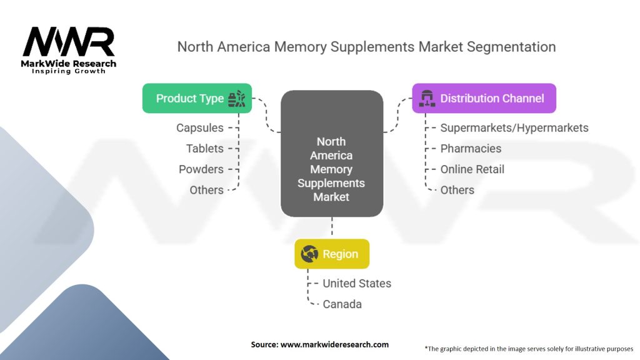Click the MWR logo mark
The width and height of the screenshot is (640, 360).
tap(69, 42)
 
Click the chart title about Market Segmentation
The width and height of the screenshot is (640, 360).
tap(366, 47)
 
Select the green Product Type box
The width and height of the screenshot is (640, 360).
tap(197, 98)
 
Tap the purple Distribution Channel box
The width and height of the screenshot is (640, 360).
tap(484, 98)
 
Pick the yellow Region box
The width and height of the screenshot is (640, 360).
tap(332, 254)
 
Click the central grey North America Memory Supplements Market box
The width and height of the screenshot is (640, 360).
tap(332, 154)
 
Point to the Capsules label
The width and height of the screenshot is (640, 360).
tap(200, 127)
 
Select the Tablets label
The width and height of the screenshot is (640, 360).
tap(205, 149)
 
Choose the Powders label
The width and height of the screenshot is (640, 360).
tap(201, 169)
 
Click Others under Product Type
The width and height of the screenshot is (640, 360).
tap(206, 190)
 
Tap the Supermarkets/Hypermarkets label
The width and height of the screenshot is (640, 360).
tap(514, 127)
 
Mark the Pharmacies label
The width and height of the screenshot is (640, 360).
tap(471, 149)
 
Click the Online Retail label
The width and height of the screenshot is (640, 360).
tap(472, 169)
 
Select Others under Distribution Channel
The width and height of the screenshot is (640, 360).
tap(457, 190)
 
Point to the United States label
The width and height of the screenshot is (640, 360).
tap(357, 283)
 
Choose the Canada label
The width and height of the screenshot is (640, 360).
tap(342, 304)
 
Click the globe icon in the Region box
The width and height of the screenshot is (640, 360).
tap(309, 254)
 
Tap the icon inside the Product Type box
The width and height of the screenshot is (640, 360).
tap(237, 99)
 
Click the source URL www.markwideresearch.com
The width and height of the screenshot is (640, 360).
tap(335, 344)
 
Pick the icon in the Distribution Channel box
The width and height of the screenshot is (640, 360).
tap(427, 98)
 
